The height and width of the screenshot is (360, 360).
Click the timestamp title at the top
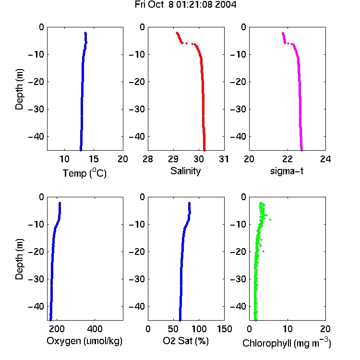point(185,5)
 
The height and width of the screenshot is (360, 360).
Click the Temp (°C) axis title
point(84,173)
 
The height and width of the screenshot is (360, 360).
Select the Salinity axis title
point(185,171)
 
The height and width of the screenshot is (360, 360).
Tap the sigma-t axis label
point(287,171)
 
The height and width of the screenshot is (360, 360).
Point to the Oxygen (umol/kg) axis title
point(84,341)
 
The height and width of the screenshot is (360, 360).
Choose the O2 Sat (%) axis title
point(186,341)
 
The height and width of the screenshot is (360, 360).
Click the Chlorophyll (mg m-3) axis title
point(287,343)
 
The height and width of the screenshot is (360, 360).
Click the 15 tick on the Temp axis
point(94,159)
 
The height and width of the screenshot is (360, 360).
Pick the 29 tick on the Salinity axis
point(173,159)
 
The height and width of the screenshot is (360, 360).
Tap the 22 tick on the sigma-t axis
point(287,159)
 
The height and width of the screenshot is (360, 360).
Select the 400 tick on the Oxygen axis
point(95,329)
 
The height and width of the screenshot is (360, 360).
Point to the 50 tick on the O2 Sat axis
point(173,329)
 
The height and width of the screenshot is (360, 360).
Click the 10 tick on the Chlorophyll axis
point(288,329)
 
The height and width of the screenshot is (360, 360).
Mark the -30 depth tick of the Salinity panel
point(138,109)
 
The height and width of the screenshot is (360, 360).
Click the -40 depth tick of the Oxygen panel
point(36,306)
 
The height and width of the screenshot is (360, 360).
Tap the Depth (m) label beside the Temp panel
point(19,89)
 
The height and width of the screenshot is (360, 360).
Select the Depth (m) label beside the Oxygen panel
point(19,259)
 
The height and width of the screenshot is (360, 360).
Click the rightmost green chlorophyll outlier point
point(270,220)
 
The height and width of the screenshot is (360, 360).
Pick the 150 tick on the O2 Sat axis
point(224,329)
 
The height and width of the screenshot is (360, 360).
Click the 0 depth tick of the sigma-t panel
point(243,27)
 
